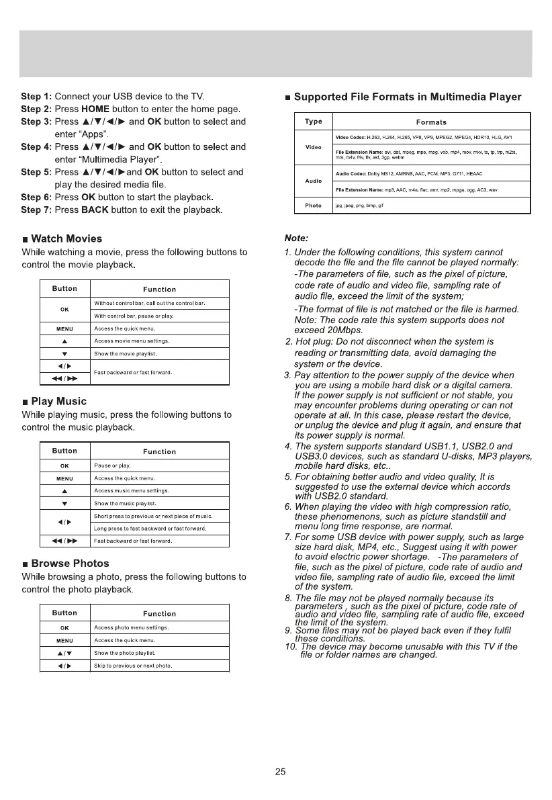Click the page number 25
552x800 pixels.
[281, 772]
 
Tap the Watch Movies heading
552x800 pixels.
[66, 238]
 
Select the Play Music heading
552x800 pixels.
[58, 401]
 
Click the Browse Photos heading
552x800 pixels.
[70, 563]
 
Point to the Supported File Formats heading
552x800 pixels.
[408, 97]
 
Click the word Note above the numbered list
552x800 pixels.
[296, 238]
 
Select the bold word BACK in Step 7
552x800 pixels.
[95, 210]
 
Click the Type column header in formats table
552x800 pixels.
[314, 122]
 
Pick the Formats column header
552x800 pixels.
[431, 122]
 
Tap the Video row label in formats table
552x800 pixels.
[314, 147]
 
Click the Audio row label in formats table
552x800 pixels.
[314, 181]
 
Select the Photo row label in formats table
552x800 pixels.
[314, 206]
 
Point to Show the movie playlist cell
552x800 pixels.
[125, 353]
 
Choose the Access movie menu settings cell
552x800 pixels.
[131, 341]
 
